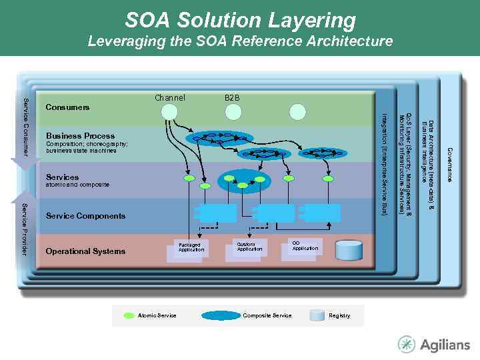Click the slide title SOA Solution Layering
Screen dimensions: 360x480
(x=240, y=20)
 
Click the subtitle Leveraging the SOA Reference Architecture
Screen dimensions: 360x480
(x=240, y=41)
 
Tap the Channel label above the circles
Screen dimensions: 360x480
(x=170, y=98)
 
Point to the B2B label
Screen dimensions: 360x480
(x=232, y=98)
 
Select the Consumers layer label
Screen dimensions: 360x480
(x=67, y=107)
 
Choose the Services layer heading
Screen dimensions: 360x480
(x=62, y=177)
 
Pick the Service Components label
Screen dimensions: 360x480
(x=85, y=216)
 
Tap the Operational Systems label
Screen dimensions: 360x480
(x=85, y=251)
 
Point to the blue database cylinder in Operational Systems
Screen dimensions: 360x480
(x=348, y=250)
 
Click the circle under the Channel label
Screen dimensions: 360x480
(x=170, y=111)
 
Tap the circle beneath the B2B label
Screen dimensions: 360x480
(x=232, y=111)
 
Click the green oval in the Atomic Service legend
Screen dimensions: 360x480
(x=129, y=315)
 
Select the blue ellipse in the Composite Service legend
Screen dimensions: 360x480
(x=221, y=315)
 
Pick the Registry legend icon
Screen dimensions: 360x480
(x=318, y=315)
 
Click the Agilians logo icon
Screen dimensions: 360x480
(x=407, y=344)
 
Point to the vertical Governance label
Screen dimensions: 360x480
(x=450, y=165)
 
